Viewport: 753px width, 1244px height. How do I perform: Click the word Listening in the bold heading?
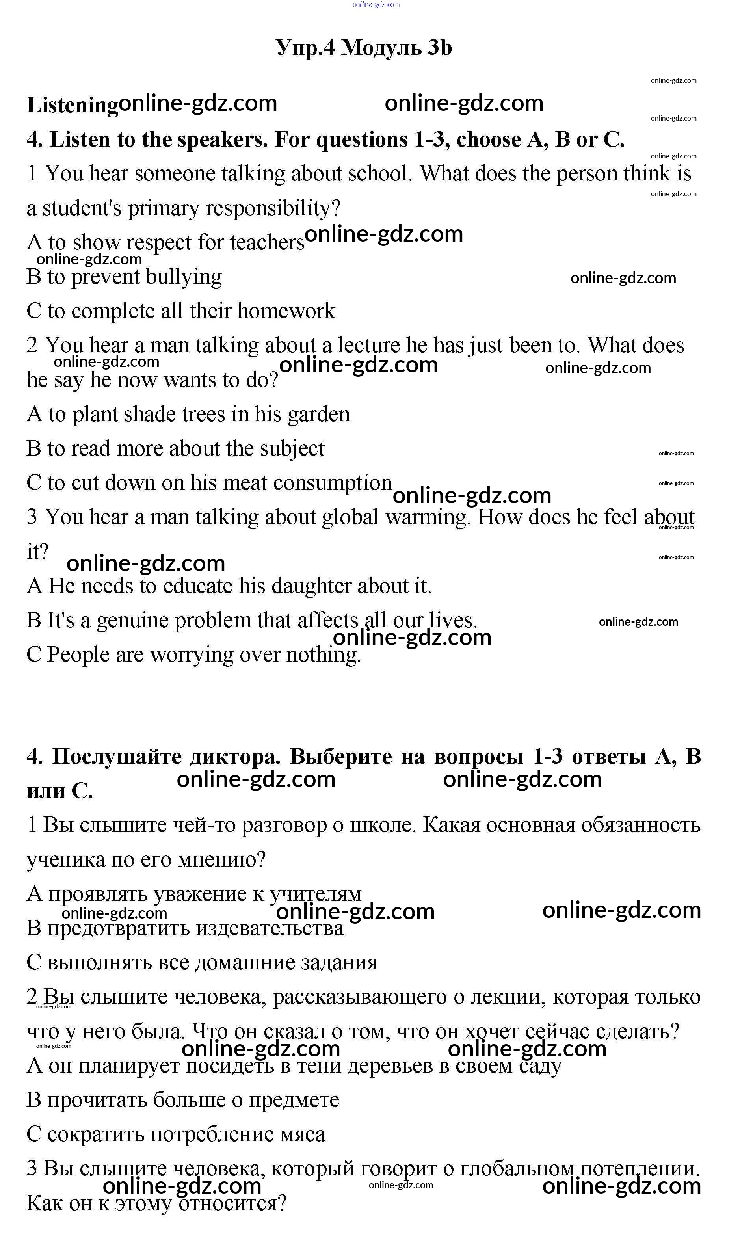[72, 106]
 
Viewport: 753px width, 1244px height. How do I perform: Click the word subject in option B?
[292, 449]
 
